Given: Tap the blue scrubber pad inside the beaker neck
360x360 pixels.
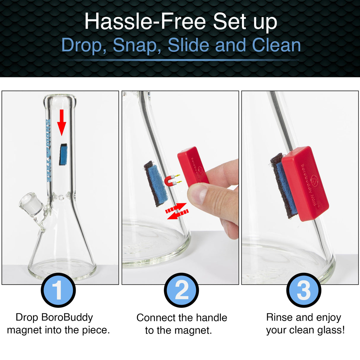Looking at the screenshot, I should point(63,154).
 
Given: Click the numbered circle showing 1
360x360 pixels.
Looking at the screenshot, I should point(58,290).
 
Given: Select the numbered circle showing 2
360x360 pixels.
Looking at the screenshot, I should point(181,290).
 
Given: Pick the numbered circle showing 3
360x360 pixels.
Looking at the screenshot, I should point(303,290).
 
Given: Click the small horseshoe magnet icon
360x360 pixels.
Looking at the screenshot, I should point(170,180).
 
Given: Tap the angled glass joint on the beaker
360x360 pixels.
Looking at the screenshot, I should point(31,205).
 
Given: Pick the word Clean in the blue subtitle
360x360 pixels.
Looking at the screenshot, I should point(276,45).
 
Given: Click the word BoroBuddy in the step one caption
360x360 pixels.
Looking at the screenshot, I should point(67,317).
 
